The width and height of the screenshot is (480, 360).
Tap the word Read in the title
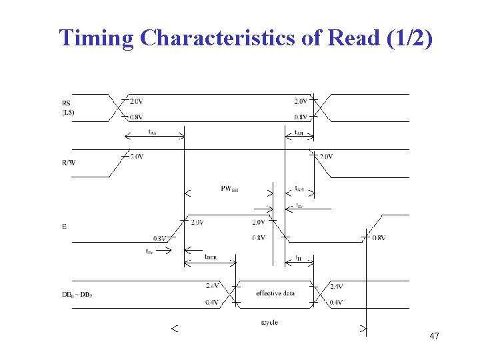coord(355,38)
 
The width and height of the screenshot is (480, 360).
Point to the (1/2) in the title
coord(409,38)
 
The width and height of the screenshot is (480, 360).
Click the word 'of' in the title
coord(311,38)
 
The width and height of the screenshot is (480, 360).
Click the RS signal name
coord(66,103)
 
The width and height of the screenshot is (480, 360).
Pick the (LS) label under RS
coord(68,113)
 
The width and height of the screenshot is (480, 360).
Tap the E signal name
coord(64,227)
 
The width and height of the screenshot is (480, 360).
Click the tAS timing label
coord(152,132)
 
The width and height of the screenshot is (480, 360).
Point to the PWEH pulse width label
coord(229,189)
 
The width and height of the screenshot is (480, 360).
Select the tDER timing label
coord(211,257)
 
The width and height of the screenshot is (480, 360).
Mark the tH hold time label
coord(299,257)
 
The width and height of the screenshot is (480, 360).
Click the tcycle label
coord(270,323)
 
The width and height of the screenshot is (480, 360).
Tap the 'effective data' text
coord(275,293)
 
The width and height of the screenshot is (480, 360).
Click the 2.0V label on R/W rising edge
coord(137,157)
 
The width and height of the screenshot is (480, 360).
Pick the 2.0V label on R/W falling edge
coord(325,157)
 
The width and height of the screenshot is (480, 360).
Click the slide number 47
coord(434,337)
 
